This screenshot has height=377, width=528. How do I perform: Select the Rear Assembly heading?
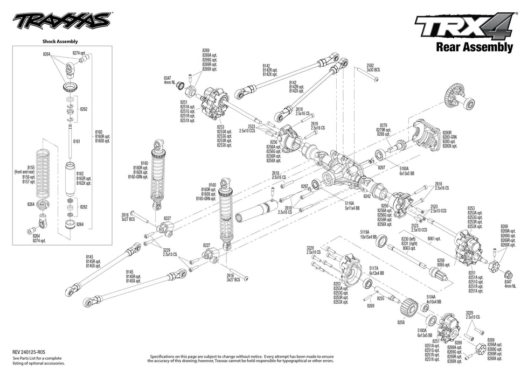click(474, 47)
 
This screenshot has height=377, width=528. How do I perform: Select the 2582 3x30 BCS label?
click(373, 67)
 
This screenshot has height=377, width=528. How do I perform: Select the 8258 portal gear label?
click(400, 322)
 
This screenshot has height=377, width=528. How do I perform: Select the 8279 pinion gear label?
click(384, 129)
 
